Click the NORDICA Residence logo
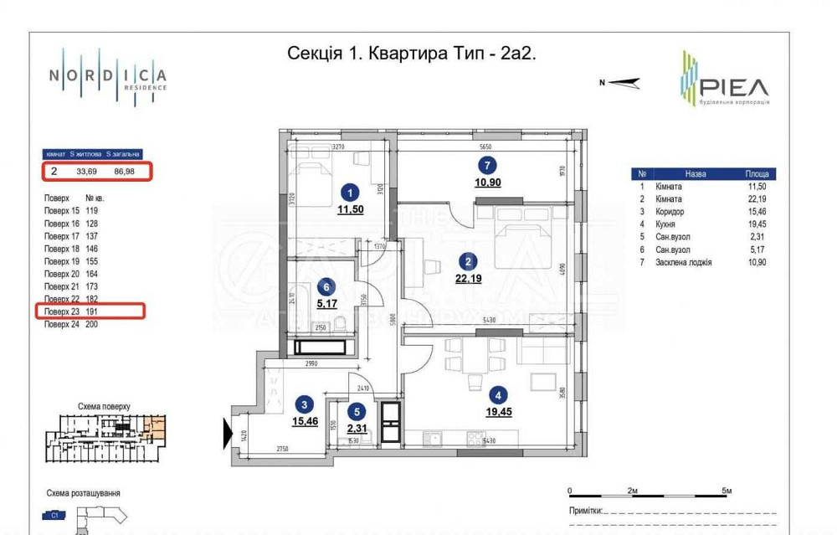[x=107, y=75]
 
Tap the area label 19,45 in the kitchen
[x=497, y=411]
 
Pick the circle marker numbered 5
[x=357, y=411]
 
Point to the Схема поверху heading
[x=104, y=406]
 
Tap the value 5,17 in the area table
[x=757, y=249]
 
